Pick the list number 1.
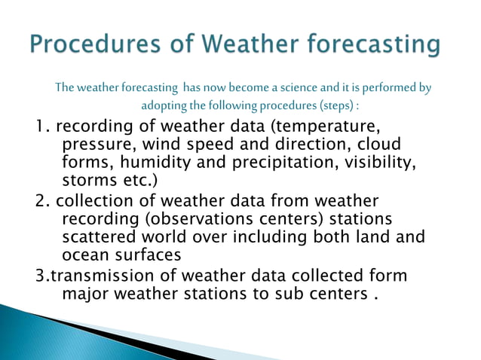[41, 125]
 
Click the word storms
[85, 181]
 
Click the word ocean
[82, 255]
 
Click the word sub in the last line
[287, 292]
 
